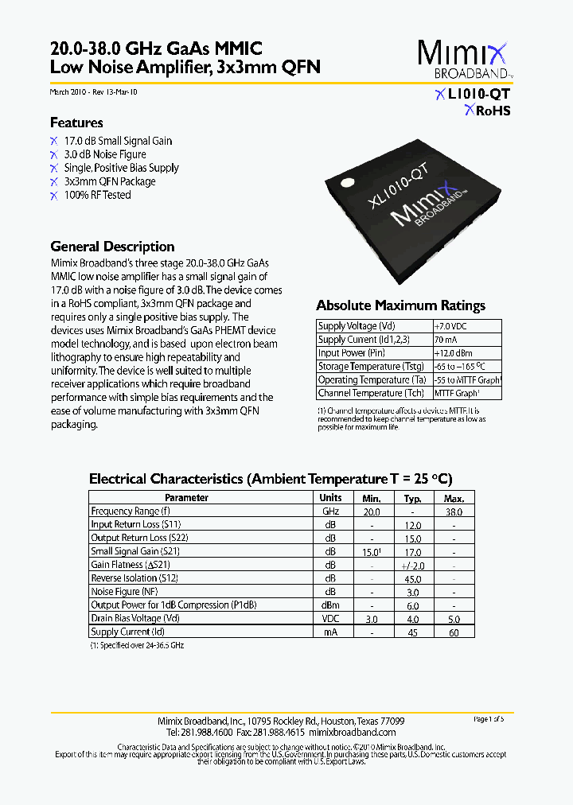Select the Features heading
pyautogui.click(x=76, y=122)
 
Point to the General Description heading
pyautogui.click(x=112, y=247)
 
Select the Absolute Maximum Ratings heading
pyautogui.click(x=400, y=305)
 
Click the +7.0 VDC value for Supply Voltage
pyautogui.click(x=450, y=326)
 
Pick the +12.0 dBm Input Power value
pyautogui.click(x=453, y=353)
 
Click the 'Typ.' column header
pyautogui.click(x=412, y=498)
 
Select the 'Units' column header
pyautogui.click(x=330, y=498)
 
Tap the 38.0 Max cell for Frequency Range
pyautogui.click(x=454, y=511)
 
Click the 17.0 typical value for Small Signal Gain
pyautogui.click(x=412, y=551)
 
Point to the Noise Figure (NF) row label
pyautogui.click(x=125, y=592)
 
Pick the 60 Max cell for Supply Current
pyautogui.click(x=454, y=632)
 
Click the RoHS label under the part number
pyautogui.click(x=493, y=111)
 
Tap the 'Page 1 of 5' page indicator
pyautogui.click(x=489, y=719)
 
